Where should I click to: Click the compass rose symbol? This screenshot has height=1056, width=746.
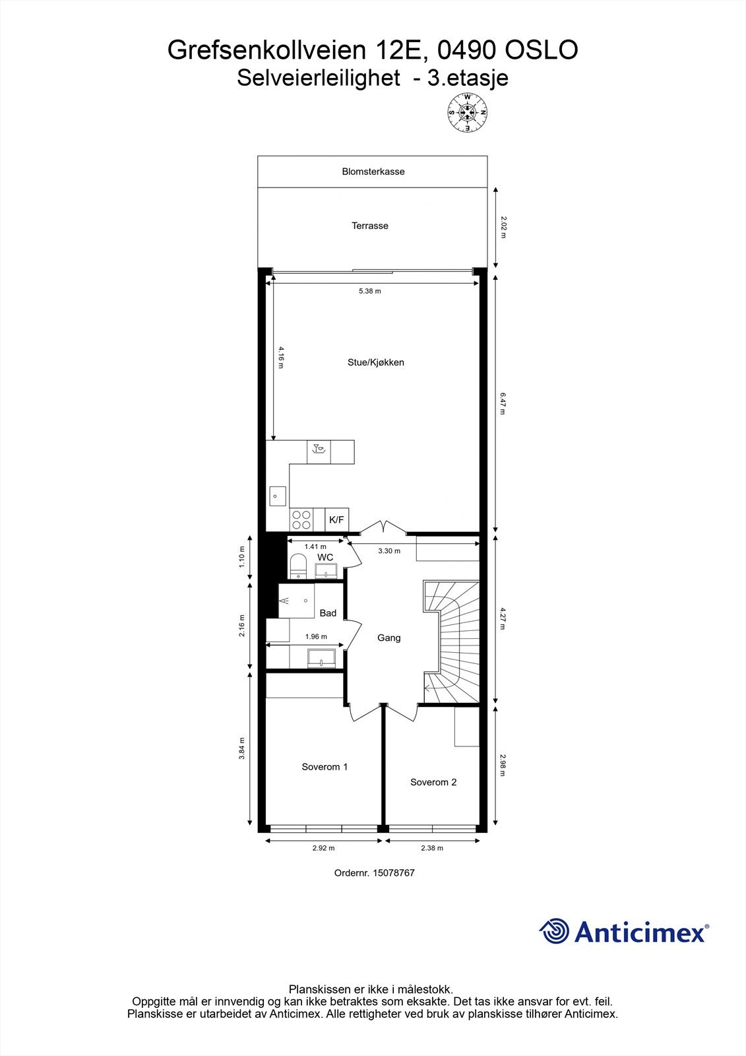468,112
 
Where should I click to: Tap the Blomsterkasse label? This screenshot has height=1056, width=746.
373,172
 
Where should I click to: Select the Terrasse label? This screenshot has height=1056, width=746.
370,226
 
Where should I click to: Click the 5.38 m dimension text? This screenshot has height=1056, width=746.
370,291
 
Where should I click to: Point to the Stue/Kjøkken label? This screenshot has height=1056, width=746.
376,362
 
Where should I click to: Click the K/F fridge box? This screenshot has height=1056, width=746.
336,520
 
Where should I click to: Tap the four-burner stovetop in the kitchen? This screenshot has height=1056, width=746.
301,520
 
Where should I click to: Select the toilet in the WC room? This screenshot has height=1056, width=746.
298,566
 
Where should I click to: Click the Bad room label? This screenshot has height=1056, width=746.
328,613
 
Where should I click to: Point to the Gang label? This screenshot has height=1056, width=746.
389,638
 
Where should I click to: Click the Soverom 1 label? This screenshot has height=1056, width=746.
325,767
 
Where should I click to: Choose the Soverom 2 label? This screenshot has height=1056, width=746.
433,782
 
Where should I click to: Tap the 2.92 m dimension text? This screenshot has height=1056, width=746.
324,848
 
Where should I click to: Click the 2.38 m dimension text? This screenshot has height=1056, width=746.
433,848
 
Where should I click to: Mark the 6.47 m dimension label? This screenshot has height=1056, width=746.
503,403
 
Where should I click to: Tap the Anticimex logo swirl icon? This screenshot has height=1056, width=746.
554,931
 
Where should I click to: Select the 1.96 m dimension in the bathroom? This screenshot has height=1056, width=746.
316,637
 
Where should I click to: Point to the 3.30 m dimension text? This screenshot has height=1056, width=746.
389,551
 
